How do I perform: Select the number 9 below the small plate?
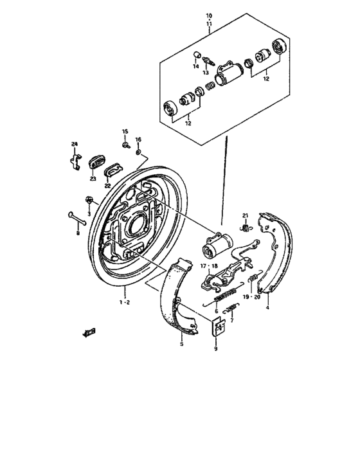pyautogui.click(x=217, y=349)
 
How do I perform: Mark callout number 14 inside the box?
pyautogui.click(x=196, y=66)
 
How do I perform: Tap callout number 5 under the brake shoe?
pyautogui.click(x=181, y=345)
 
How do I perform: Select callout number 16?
pyautogui.click(x=138, y=139)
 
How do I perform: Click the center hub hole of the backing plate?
pyautogui.click(x=137, y=224)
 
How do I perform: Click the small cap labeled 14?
pyautogui.click(x=197, y=54)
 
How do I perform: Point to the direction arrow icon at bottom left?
pyautogui.click(x=89, y=332)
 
